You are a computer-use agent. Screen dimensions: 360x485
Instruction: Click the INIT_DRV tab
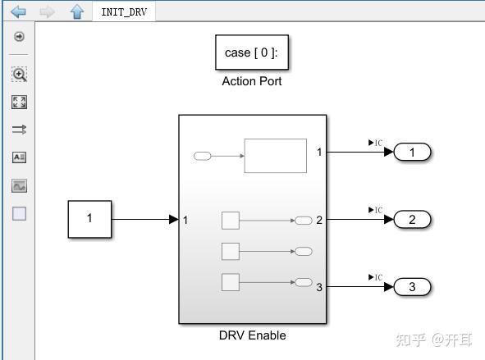[x=124, y=12]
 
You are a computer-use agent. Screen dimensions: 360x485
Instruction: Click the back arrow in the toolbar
[x=18, y=12]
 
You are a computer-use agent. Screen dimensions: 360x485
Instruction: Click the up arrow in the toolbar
[x=76, y=12]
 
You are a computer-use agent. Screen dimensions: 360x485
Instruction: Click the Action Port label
[x=252, y=81]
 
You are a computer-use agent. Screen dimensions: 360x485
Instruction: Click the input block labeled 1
[x=89, y=219]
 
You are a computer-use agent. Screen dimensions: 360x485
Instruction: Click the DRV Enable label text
[x=252, y=335]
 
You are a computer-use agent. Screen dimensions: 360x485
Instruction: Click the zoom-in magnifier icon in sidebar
[x=19, y=75]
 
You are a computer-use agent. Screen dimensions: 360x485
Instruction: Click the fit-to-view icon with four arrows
[x=19, y=102]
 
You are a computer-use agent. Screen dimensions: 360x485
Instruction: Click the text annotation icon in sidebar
[x=19, y=157]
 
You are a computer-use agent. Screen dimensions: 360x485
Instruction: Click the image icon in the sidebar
[x=19, y=186]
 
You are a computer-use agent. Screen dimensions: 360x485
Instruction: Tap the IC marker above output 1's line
[x=375, y=143]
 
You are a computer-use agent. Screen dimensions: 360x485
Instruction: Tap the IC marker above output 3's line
[x=375, y=277]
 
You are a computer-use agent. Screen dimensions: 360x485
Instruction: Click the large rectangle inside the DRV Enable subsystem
[x=275, y=156]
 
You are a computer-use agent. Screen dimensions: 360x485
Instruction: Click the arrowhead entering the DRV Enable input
[x=173, y=219]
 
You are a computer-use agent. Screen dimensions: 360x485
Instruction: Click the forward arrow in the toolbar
[x=48, y=12]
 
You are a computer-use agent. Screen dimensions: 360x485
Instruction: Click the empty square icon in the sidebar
[x=19, y=213]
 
